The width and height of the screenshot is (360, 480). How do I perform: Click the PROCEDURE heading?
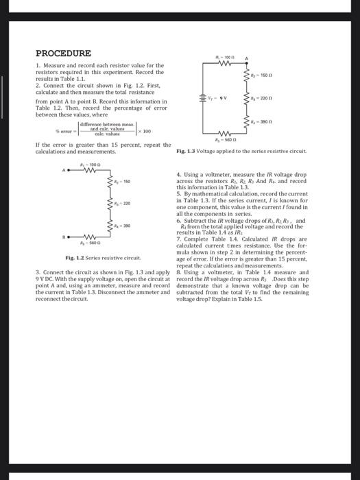click(63, 53)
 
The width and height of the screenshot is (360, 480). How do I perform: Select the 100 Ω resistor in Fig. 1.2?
click(88, 171)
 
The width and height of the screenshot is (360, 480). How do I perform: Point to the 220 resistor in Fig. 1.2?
click(110, 204)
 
